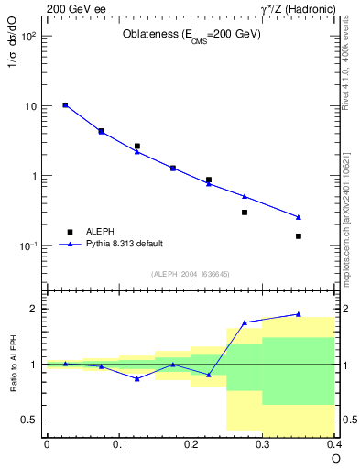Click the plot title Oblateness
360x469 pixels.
tap(191, 35)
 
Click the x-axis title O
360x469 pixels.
tap(335, 458)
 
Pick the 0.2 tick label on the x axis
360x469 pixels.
tap(191, 444)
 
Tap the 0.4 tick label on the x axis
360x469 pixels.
tap(333, 444)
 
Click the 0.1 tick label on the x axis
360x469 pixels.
tap(118, 444)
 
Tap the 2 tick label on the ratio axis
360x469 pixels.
tap(36, 309)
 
